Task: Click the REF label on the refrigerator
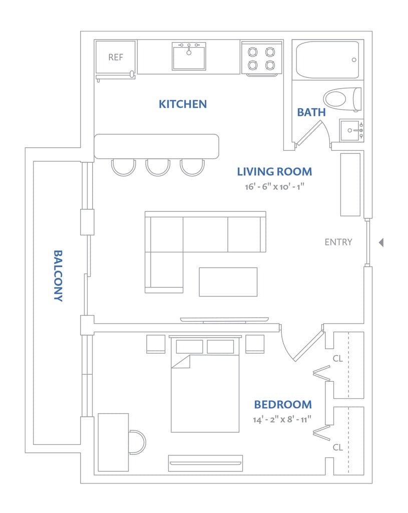(116, 57)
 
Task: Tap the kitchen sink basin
(189, 56)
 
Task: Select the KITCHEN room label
(183, 104)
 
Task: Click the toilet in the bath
(342, 99)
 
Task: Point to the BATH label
(311, 112)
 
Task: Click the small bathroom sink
(351, 130)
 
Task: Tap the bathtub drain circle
(354, 60)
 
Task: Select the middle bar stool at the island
(158, 167)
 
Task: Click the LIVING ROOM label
(275, 172)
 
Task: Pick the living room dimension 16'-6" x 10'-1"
(275, 186)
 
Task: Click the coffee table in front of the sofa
(228, 282)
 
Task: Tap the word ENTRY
(338, 242)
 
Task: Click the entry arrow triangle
(381, 242)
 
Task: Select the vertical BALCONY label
(58, 276)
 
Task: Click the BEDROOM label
(283, 405)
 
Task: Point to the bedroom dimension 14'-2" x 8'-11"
(282, 419)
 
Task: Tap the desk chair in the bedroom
(137, 442)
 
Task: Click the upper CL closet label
(338, 359)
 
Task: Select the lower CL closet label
(338, 447)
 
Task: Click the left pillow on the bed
(189, 347)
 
